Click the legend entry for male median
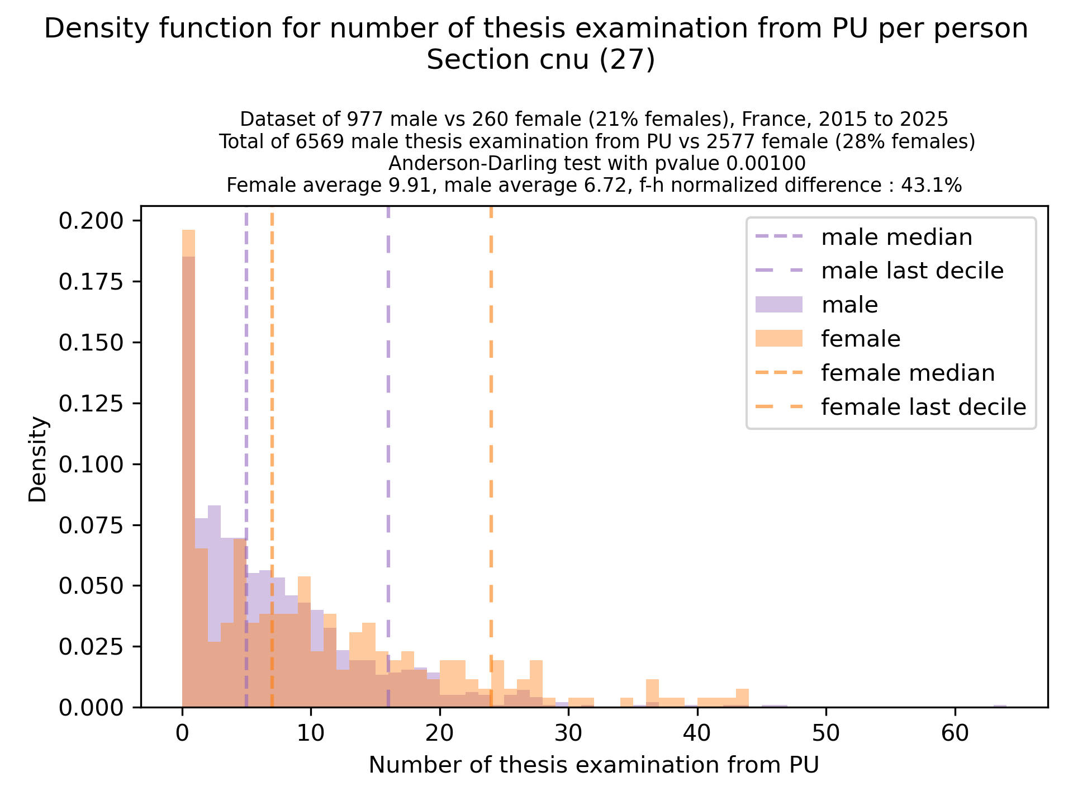tap(896, 238)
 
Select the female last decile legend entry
tap(923, 407)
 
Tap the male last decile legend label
tap(912, 271)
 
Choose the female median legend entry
tap(908, 373)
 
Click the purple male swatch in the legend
tap(778, 305)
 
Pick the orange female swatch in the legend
tap(778, 339)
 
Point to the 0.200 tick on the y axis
tap(91, 221)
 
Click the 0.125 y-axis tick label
tap(91, 404)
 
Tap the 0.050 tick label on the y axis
tap(91, 586)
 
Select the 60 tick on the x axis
tap(955, 733)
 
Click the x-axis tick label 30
tap(568, 733)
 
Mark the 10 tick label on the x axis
tap(311, 733)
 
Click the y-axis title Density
tap(39, 459)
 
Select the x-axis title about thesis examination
tap(594, 765)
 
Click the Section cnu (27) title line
tap(540, 60)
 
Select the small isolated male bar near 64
tap(1000, 706)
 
